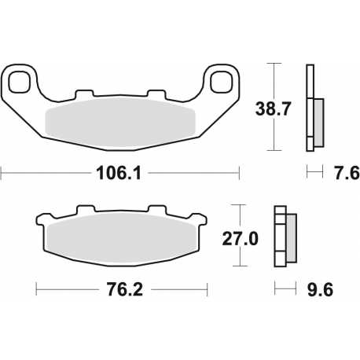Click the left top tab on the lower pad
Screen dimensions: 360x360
pyautogui.click(x=79, y=211)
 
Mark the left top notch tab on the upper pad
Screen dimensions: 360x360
pyautogui.click(x=81, y=96)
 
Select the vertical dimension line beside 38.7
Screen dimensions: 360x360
pyautogui.click(x=273, y=106)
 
